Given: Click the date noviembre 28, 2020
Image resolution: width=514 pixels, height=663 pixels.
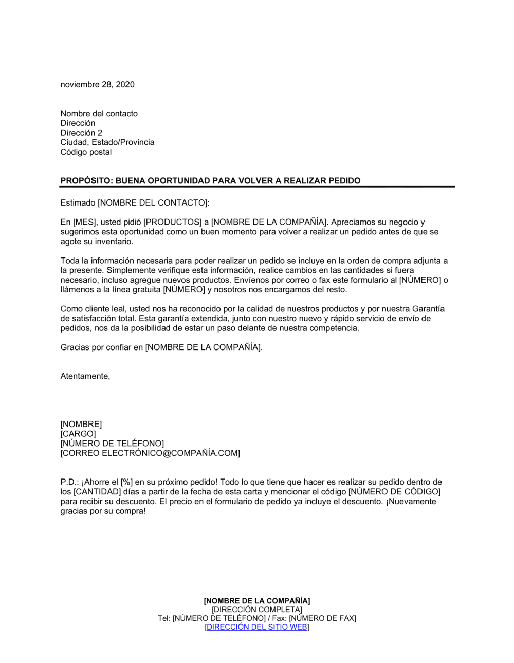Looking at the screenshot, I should point(97,85).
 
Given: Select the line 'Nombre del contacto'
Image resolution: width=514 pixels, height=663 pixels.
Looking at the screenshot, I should point(99,114).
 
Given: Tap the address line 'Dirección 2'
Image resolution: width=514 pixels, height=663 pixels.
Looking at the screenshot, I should point(81,133).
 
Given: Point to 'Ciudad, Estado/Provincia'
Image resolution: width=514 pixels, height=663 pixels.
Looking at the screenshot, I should point(107,142).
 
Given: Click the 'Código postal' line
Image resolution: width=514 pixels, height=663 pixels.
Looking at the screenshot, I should point(86,152).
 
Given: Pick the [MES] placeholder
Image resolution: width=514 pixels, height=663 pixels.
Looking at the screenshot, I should point(82,223).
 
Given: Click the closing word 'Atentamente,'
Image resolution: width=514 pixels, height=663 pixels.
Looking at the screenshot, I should point(85,376).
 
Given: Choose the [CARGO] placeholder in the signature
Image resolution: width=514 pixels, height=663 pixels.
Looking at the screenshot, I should point(78,434).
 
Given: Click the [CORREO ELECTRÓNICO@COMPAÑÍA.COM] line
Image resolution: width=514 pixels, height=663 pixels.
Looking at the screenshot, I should point(150,453).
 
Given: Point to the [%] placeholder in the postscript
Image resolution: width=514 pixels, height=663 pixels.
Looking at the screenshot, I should point(126,482).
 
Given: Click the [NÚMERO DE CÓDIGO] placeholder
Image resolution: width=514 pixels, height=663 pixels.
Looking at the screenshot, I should point(394,492).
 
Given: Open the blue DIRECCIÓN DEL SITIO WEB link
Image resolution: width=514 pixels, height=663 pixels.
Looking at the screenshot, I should point(257,627).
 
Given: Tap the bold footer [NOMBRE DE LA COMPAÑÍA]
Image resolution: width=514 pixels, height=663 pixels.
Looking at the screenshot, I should point(257,601).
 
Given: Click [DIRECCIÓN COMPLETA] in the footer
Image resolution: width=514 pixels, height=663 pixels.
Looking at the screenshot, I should point(257,610).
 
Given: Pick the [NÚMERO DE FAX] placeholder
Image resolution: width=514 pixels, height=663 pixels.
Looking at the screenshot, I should point(322,618).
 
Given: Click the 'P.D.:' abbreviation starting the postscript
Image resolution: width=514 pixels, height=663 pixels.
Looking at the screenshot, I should point(70,482).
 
